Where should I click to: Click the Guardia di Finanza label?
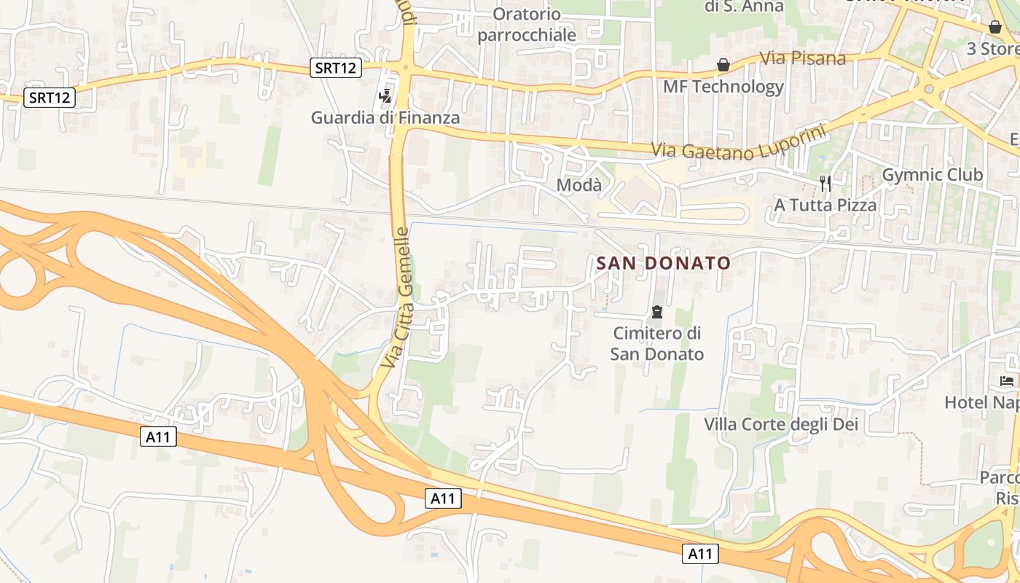click(385, 117)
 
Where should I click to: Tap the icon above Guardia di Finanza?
click(385, 95)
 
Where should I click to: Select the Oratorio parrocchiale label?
click(527, 24)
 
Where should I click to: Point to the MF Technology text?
click(723, 87)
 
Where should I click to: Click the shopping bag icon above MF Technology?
click(723, 66)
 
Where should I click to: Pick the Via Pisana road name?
click(802, 58)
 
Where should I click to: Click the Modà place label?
click(579, 185)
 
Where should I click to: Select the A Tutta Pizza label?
click(825, 205)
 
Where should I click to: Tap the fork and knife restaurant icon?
click(825, 183)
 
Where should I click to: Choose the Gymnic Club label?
click(932, 175)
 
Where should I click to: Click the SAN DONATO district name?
click(663, 263)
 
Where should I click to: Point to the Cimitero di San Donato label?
click(657, 344)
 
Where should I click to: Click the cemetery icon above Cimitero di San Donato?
click(657, 313)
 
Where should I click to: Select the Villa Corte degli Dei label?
click(780, 424)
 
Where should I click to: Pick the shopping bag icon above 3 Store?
click(995, 28)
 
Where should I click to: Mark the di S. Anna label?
click(744, 7)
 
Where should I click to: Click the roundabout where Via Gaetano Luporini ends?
click(929, 90)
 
